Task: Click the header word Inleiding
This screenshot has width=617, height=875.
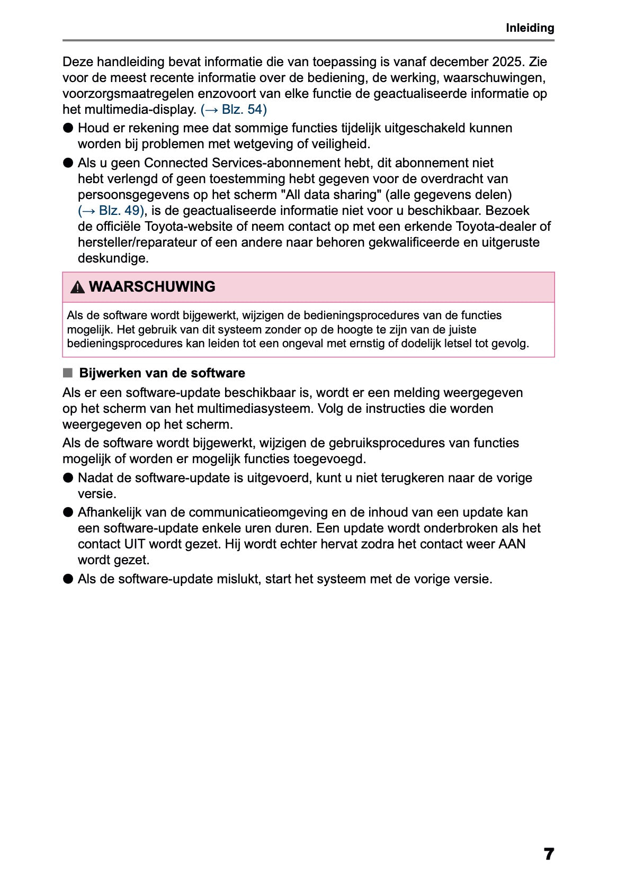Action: [x=530, y=28]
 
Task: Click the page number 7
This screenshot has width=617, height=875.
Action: [x=549, y=854]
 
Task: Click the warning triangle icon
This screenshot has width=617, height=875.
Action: [x=77, y=287]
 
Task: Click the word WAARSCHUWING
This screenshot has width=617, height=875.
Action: [x=152, y=287]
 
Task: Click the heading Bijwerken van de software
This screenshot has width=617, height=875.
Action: [x=162, y=373]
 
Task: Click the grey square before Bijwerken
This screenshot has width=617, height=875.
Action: [x=67, y=373]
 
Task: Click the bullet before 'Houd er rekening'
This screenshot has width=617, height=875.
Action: [x=68, y=128]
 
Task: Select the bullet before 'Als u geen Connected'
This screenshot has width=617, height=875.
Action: [x=68, y=163]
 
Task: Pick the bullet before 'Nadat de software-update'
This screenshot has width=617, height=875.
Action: [x=68, y=478]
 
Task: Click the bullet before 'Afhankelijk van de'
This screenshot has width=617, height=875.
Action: [x=68, y=512]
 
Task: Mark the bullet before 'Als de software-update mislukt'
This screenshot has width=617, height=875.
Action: [x=68, y=579]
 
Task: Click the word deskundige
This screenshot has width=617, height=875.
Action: [x=113, y=258]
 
